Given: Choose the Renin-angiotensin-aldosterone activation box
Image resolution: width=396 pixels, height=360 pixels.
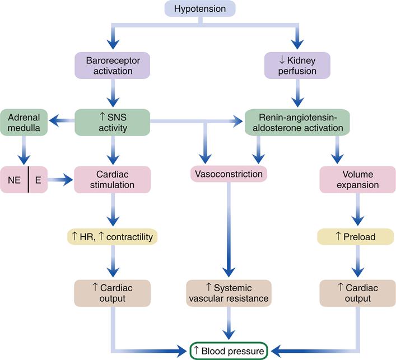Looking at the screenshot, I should click(297, 122).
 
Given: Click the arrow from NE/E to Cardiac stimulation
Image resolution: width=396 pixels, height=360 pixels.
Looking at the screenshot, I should click(62, 180).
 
